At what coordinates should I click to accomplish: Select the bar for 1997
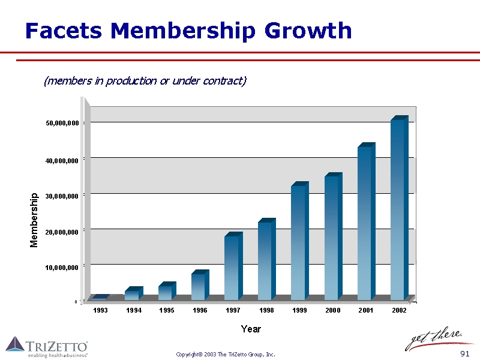pyautogui.click(x=232, y=268)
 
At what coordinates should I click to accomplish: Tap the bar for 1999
pyautogui.click(x=299, y=242)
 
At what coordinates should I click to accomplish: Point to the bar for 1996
pyautogui.click(x=199, y=286)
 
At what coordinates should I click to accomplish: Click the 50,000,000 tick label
pyautogui.click(x=62, y=123)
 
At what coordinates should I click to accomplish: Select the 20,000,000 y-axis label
pyautogui.click(x=62, y=232)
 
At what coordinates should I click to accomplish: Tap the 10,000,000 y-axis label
pyautogui.click(x=62, y=267)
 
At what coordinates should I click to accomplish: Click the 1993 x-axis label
pyautogui.click(x=101, y=310)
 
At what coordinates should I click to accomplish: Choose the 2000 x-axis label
pyautogui.click(x=333, y=310)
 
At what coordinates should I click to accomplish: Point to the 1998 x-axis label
pyautogui.click(x=266, y=310)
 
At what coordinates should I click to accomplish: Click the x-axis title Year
pyautogui.click(x=251, y=329)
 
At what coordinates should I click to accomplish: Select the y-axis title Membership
pyautogui.click(x=34, y=220)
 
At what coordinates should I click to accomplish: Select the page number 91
pyautogui.click(x=464, y=354)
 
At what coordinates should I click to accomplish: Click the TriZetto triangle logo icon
pyautogui.click(x=15, y=344)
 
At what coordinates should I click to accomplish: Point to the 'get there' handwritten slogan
pyautogui.click(x=434, y=340)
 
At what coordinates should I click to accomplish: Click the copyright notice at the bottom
pyautogui.click(x=226, y=355)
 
